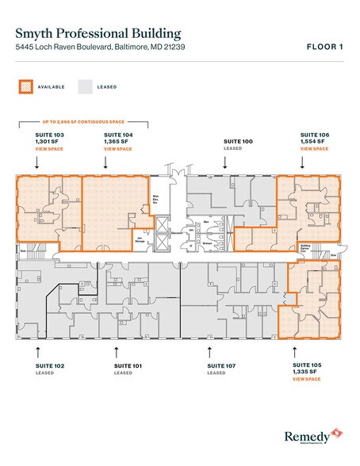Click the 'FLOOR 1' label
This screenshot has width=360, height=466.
point(325,48)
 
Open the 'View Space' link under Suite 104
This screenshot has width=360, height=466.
point(117,149)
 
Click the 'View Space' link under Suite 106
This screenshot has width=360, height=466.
point(313,149)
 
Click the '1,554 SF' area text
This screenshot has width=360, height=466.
point(312,143)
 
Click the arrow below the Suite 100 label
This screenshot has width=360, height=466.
point(226,162)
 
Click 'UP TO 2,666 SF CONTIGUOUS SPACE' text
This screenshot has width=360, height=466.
point(82,123)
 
